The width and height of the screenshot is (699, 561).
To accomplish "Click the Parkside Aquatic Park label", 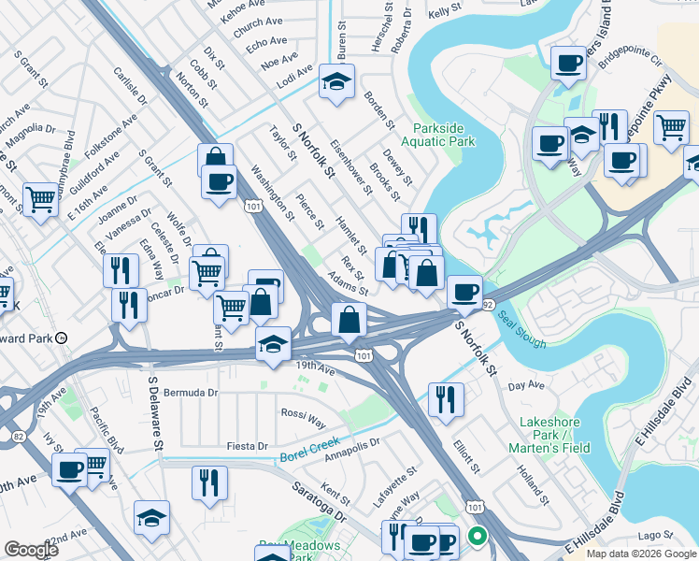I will tap(438, 134).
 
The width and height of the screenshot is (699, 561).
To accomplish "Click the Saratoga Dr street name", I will tap(319, 502).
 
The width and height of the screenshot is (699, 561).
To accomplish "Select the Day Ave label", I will tap(525, 384).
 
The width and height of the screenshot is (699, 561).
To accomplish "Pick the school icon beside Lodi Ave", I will tap(336, 82).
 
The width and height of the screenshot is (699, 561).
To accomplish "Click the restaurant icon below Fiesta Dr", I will tap(209, 482).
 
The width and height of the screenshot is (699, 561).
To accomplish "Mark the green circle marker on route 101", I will tap(478, 537).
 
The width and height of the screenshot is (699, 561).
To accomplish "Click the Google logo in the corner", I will tap(32, 549).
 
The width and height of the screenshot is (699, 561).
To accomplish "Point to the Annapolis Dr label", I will tap(351, 455).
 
